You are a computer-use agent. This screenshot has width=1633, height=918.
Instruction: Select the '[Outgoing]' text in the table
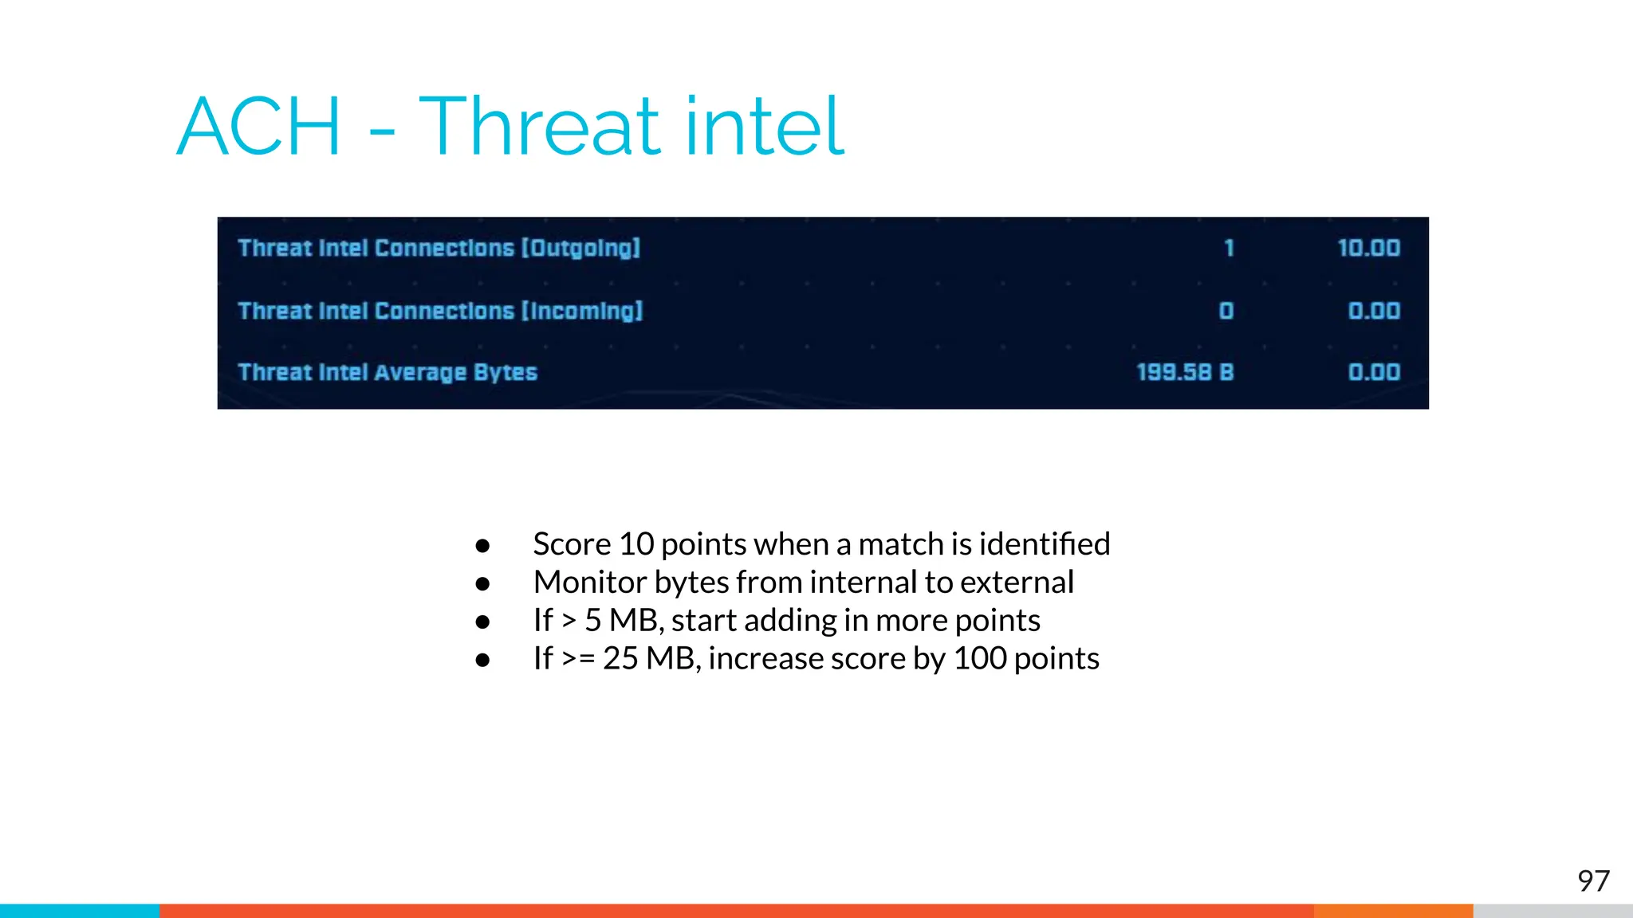581,249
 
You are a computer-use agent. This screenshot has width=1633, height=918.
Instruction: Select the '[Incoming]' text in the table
582,311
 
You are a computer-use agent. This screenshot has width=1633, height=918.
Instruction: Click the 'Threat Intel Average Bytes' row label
388,372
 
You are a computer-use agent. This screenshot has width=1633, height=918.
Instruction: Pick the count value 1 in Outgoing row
1229,249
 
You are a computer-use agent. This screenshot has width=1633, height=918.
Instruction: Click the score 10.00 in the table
1368,249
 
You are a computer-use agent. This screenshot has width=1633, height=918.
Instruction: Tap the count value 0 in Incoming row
1226,311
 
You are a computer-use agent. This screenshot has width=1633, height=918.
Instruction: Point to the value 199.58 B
1185,372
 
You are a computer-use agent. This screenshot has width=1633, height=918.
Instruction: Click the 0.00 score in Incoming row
1374,311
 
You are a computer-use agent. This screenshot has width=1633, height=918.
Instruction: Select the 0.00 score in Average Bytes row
1374,372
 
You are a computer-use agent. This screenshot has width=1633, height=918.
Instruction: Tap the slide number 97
1593,881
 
